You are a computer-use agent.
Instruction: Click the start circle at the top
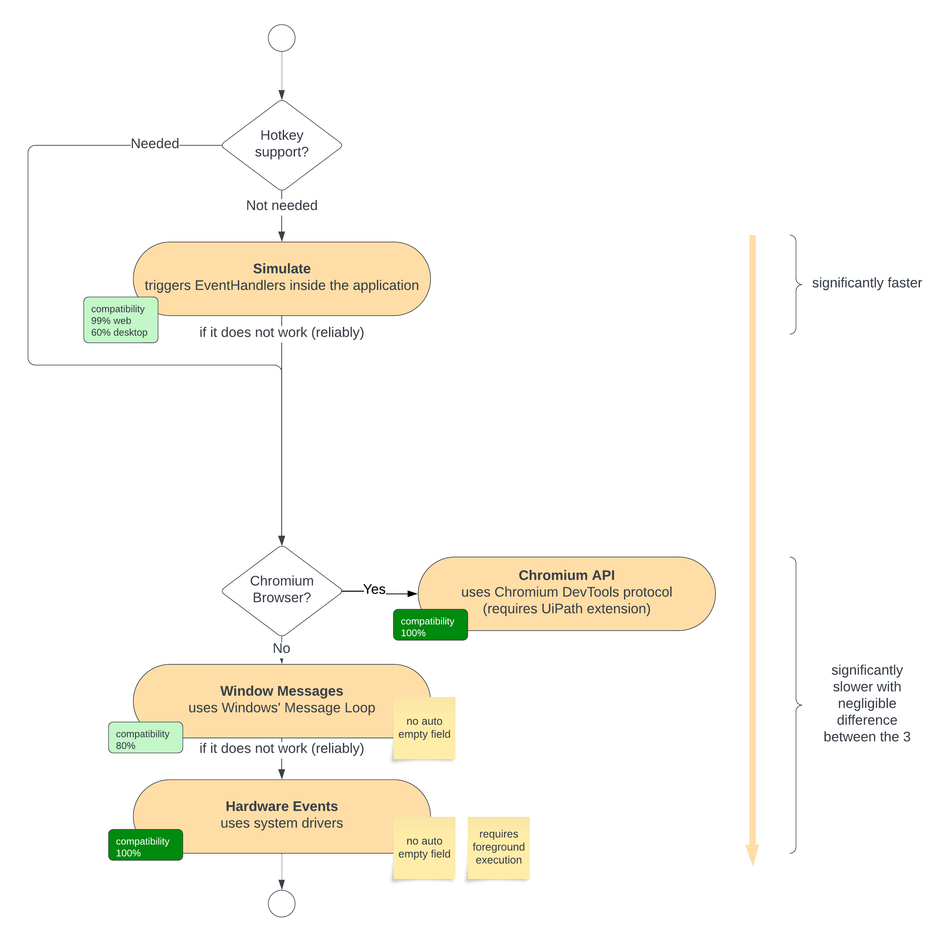(281, 38)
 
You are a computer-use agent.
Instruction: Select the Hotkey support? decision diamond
(281, 145)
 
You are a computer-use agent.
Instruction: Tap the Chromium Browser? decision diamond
(281, 591)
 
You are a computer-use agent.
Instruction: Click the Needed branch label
(155, 144)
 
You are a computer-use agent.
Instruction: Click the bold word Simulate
(281, 268)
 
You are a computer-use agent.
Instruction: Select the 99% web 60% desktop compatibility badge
(121, 320)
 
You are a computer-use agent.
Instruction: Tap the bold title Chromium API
(567, 575)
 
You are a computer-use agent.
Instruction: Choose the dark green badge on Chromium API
(430, 625)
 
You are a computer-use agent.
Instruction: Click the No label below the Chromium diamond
(281, 648)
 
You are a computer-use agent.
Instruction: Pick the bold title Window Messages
(281, 691)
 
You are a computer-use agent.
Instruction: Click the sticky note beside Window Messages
(424, 728)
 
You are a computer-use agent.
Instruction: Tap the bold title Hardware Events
(281, 806)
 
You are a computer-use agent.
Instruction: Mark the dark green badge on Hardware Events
(145, 845)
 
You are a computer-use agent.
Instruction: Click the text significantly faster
(866, 283)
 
